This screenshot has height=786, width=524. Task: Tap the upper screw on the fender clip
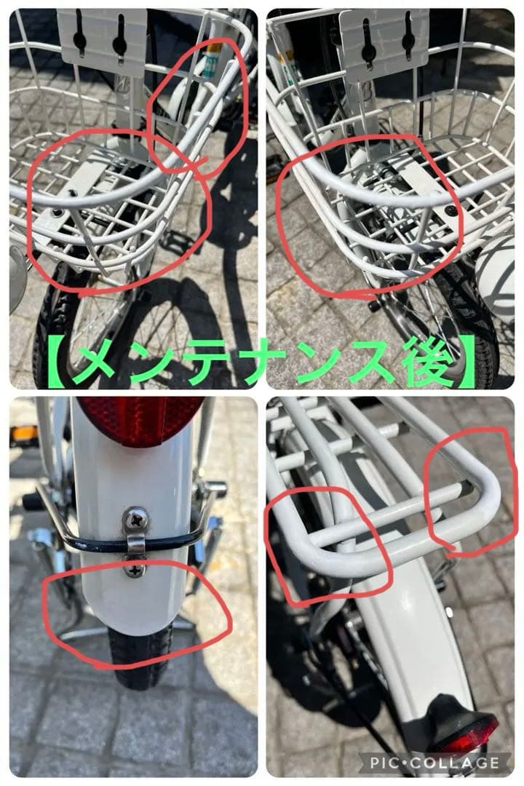pos(136,518)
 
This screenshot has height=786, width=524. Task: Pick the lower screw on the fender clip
pos(135,570)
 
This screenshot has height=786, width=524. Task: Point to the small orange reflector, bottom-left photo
pos(23,434)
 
